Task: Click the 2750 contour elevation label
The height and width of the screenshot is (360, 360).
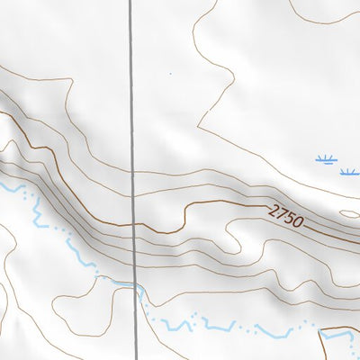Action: click(x=287, y=215)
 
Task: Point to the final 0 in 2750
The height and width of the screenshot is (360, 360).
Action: click(x=300, y=220)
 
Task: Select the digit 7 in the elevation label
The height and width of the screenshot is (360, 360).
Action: click(x=283, y=213)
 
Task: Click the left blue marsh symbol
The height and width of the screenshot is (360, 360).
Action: click(x=326, y=160)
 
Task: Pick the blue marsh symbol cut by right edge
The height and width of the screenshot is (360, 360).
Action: click(x=353, y=171)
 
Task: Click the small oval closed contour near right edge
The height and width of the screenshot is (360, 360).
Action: click(x=351, y=215)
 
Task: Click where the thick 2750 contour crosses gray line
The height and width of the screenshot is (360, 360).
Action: click(x=135, y=224)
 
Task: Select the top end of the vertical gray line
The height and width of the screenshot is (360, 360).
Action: click(x=131, y=2)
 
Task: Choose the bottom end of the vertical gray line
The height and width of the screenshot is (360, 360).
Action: click(x=137, y=357)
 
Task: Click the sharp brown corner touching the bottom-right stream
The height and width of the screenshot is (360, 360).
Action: click(x=321, y=332)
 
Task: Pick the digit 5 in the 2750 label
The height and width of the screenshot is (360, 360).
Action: click(x=292, y=217)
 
